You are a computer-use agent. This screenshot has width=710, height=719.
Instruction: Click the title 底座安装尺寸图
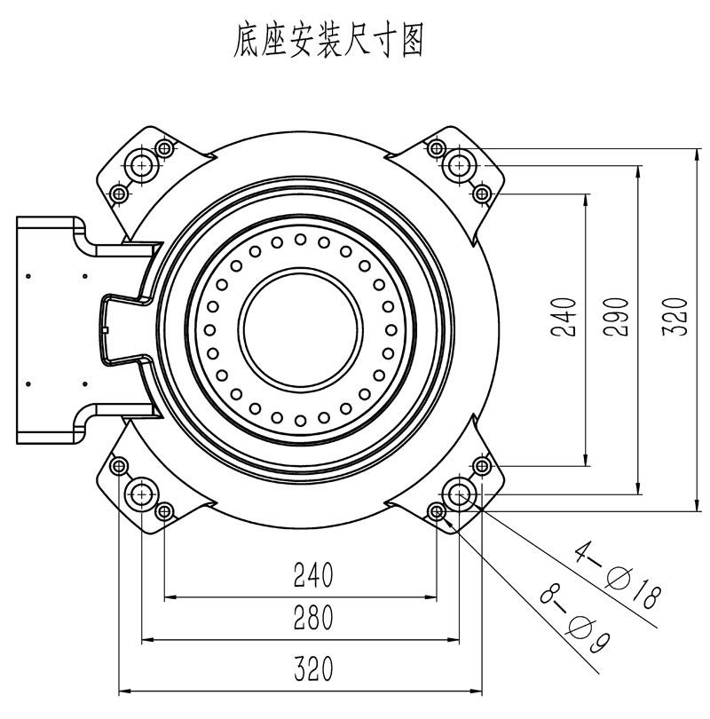click(326, 40)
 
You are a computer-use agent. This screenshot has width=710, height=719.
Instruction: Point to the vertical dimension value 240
click(565, 317)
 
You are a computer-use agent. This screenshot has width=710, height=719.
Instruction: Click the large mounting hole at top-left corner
click(141, 164)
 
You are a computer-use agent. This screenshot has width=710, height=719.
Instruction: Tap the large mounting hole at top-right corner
click(459, 164)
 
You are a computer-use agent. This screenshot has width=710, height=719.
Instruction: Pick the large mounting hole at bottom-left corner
click(141, 494)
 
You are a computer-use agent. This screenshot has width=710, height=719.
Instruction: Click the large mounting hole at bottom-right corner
click(459, 494)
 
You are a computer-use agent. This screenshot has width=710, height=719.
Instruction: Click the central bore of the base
click(300, 329)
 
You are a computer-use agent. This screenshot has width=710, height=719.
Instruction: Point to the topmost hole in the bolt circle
click(300, 239)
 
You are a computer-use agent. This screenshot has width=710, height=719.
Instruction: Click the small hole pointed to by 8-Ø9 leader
click(436, 511)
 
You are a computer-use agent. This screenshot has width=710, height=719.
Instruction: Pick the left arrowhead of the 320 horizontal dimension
click(122, 690)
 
